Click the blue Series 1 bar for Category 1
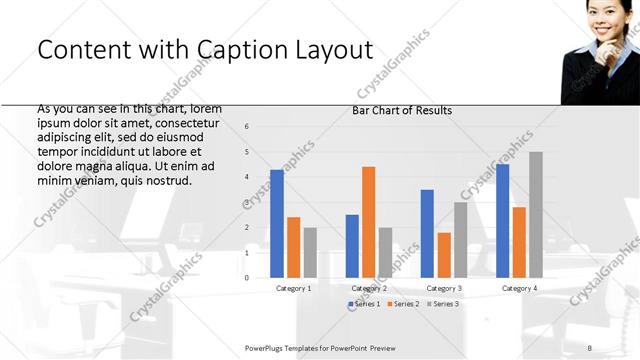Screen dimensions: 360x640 point(277,224)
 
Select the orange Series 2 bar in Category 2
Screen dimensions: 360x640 point(368,222)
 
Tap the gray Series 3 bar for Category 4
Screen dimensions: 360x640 point(536,215)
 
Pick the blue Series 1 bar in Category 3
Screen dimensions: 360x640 point(427,233)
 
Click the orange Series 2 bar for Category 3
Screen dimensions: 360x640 point(444,255)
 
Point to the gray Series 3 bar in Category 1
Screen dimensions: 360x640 point(310,252)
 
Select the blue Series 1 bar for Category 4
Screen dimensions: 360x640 point(502,221)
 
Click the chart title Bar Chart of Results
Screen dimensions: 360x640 point(402,110)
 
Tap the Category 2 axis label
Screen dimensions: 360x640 point(369,288)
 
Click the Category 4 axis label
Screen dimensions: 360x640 point(519,288)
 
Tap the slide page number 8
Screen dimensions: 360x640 point(590,347)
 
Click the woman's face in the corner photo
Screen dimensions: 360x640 point(602,22)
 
